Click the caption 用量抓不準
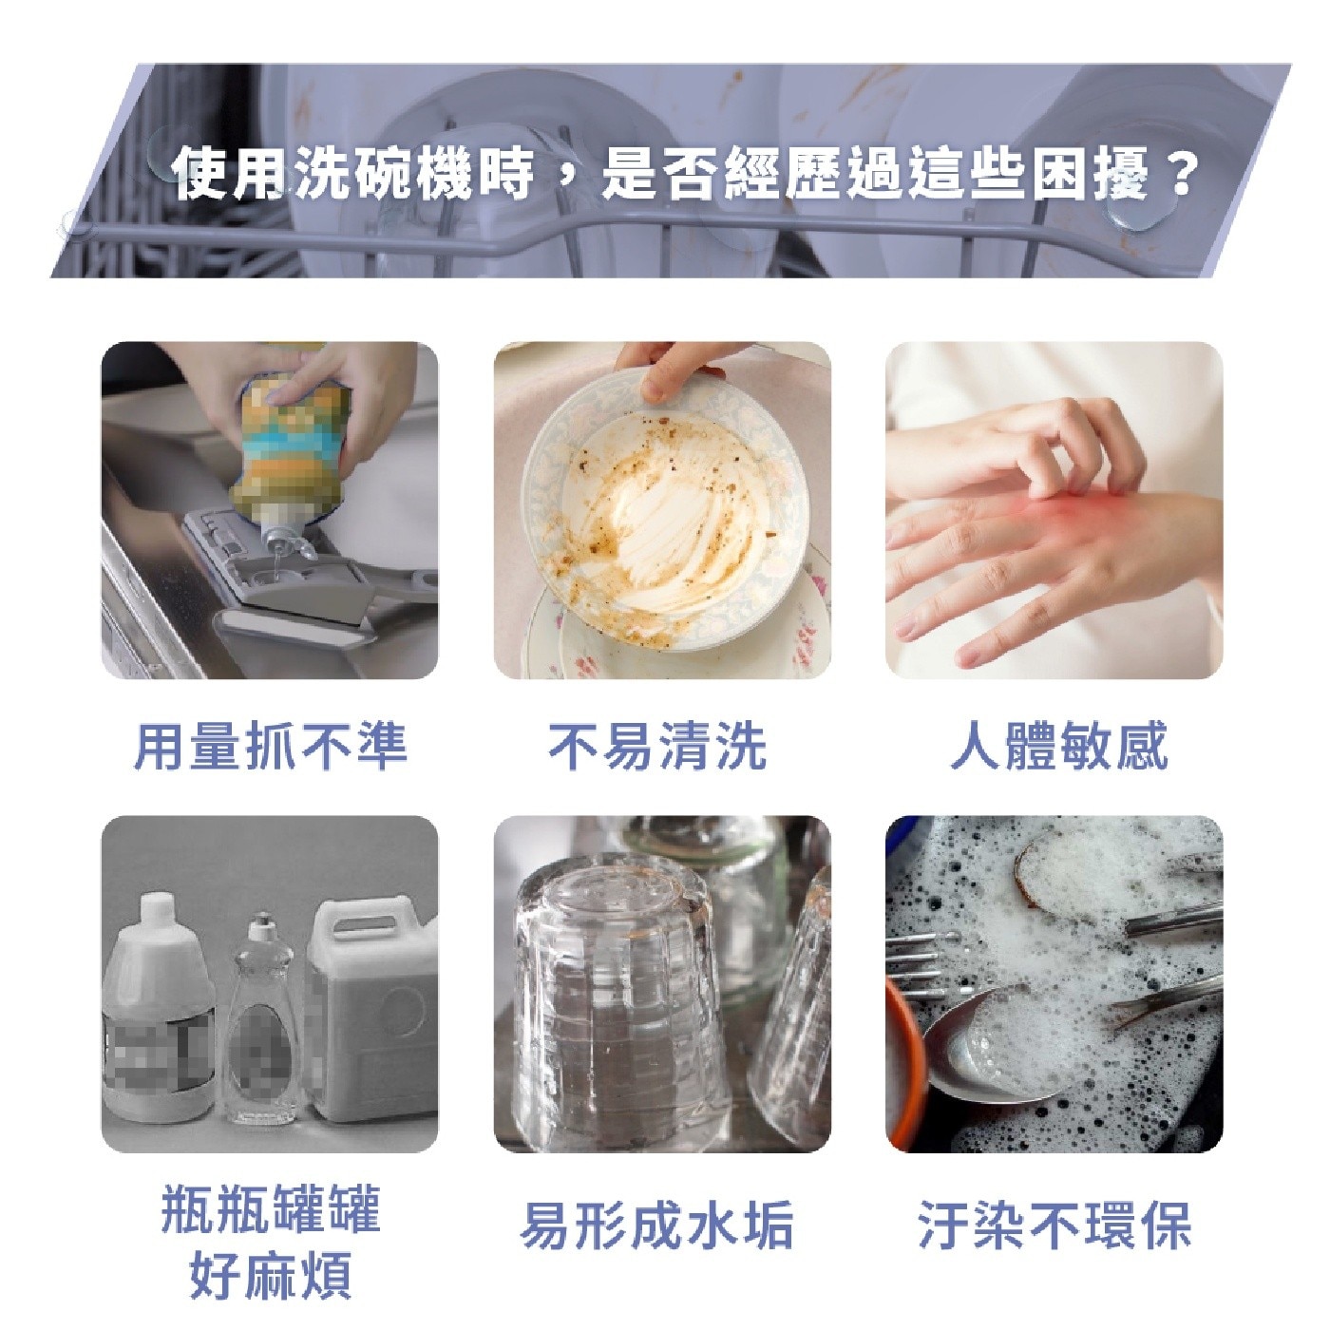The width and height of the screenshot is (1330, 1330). tap(270, 745)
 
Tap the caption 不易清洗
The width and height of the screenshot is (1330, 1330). tap(657, 745)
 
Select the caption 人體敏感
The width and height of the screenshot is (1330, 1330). tap(1059, 745)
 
